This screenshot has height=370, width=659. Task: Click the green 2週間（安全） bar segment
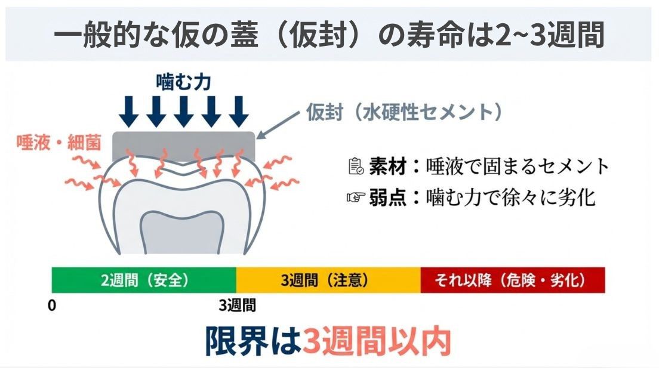[x=144, y=280]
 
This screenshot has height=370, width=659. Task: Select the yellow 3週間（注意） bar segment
[x=328, y=280]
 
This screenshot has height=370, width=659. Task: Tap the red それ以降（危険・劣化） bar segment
[x=512, y=280]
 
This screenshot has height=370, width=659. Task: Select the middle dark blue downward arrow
[x=183, y=110]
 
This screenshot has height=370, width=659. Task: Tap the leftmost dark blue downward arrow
[x=129, y=110]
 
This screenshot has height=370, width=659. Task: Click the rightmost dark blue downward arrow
[x=238, y=110]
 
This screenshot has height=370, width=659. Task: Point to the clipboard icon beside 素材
[x=356, y=166]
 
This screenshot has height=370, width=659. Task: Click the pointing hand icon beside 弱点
[x=356, y=197]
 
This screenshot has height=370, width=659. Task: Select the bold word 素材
[x=386, y=166]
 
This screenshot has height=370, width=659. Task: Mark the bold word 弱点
[x=386, y=197]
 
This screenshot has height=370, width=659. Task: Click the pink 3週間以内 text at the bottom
[x=375, y=341]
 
